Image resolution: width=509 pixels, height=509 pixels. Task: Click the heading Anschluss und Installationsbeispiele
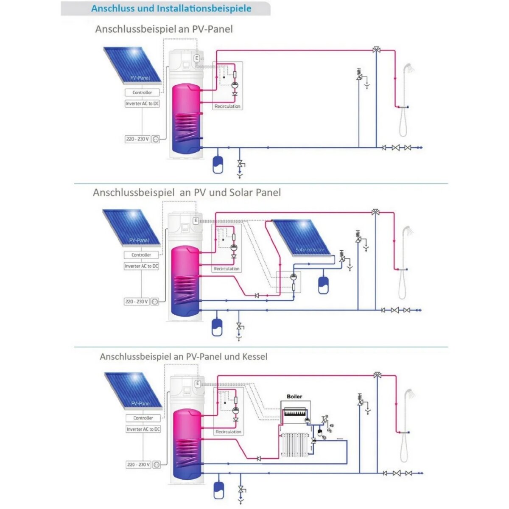tap(171, 8)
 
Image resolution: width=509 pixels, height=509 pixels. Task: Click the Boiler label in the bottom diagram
tap(294, 397)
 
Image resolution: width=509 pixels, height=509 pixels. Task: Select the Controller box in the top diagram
tap(142, 92)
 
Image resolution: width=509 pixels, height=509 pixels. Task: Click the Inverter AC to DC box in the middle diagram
tap(141, 266)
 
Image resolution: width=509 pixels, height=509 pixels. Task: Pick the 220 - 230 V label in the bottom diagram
tap(138, 464)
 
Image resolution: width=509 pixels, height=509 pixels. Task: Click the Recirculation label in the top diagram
tap(227, 106)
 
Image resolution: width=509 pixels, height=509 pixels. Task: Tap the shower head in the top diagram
tap(408, 67)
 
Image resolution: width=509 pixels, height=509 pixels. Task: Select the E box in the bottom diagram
tap(197, 383)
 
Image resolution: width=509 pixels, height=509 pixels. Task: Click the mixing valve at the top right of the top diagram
tap(376, 50)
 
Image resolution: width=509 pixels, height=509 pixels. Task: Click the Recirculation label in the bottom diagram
tap(228, 432)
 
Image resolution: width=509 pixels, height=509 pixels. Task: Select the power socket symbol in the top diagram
tap(156, 139)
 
